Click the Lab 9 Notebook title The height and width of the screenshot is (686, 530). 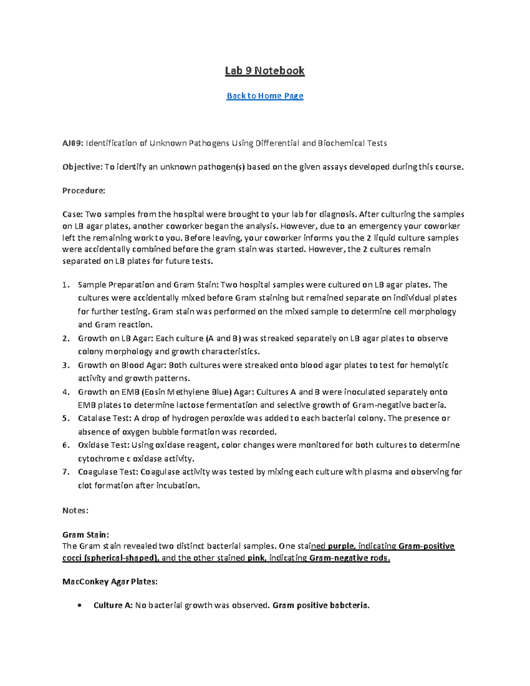265,71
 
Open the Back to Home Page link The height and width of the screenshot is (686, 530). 265,96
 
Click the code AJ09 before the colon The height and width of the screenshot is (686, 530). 72,143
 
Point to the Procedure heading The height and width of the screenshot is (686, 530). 83,191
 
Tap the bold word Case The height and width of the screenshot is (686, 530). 72,215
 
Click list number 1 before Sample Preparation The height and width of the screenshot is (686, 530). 66,285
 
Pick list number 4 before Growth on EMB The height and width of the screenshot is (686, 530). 66,392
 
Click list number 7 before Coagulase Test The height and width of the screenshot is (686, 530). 66,472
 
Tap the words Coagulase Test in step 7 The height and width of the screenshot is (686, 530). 108,472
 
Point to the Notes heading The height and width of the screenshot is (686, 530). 75,511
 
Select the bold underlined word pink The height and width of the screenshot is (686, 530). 256,558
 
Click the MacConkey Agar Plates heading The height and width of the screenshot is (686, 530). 110,582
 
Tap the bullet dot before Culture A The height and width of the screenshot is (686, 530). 79,606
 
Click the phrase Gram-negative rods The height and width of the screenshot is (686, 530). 349,558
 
